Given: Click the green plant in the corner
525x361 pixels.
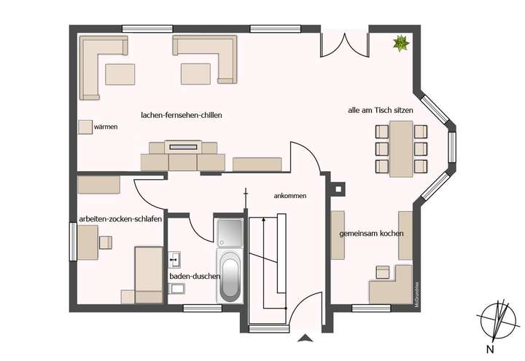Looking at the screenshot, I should point(400,44).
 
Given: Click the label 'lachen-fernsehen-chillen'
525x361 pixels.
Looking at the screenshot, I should point(182,115).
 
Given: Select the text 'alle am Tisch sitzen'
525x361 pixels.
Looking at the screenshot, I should point(381,111).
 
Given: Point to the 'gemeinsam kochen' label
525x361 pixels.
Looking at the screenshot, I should point(371,234).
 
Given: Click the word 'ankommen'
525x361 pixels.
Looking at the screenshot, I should point(289,196).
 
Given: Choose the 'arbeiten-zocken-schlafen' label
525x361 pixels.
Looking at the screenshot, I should point(120,220).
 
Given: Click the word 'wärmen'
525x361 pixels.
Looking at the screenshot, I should point(106,127).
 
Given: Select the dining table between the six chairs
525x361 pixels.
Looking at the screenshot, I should point(400,148).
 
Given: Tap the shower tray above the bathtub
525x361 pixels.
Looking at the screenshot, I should point(230,231).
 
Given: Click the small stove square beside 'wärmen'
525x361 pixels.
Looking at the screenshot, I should point(85,127).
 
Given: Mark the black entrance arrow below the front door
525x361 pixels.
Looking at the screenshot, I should point(305,337).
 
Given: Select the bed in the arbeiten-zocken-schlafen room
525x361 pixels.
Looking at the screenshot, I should point(149,274).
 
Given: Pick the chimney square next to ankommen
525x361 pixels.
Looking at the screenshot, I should point(337,189).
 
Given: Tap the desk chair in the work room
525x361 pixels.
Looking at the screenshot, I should point(105,242).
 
